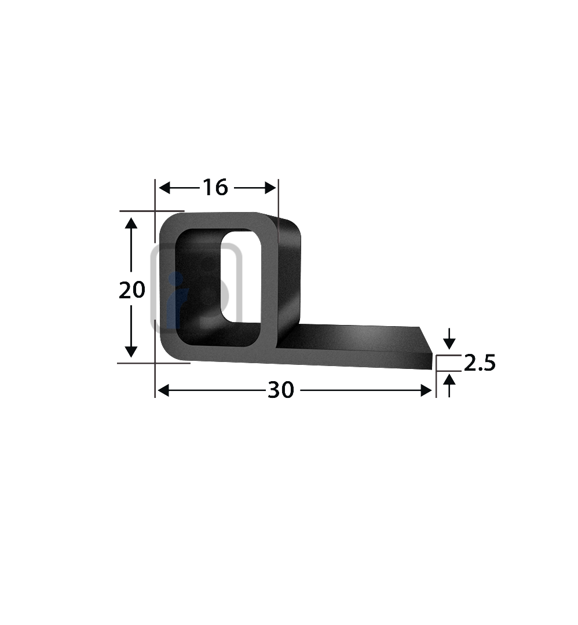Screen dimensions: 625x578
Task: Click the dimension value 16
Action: point(214,188)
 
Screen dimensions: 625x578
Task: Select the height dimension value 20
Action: point(131,290)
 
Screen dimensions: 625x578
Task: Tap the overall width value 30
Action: point(281,392)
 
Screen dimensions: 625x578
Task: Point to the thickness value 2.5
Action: point(479,363)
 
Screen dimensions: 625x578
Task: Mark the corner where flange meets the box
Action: point(280,346)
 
